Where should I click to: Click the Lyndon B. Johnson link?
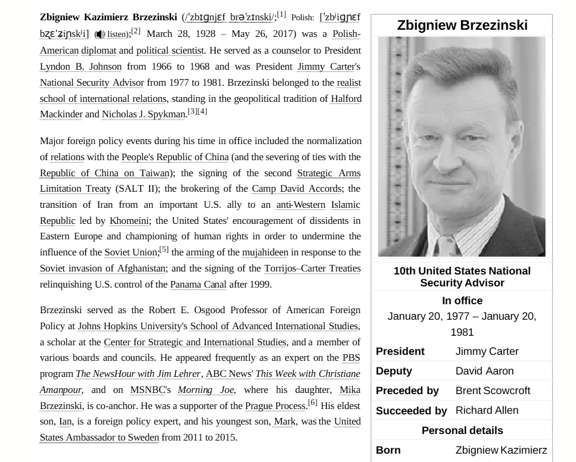80,67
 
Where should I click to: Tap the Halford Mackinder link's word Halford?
346,99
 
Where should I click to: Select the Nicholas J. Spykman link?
144,114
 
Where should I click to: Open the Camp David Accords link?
297,189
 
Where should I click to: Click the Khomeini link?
129,221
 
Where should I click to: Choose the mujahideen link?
264,252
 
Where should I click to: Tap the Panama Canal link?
198,285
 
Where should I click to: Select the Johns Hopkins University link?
129,326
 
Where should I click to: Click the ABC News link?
228,374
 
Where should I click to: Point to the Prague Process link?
276,406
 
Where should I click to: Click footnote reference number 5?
164,250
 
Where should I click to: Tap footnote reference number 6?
312,403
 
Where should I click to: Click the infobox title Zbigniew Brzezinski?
462,26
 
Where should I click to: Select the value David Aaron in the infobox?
484,371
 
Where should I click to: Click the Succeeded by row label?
411,411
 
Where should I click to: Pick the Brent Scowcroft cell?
493,391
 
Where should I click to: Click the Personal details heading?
462,430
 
